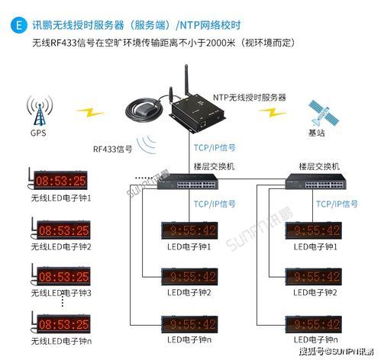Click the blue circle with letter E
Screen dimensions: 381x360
pos(19,25)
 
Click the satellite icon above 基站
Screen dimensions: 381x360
pos(324,114)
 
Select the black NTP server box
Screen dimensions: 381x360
pos(198,113)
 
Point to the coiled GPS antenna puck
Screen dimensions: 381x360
pos(144,111)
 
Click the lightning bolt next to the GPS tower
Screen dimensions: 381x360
pos(90,112)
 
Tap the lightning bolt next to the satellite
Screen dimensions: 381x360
pos(273,112)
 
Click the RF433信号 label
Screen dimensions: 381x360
pos(112,149)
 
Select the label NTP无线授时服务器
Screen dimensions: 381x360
pos(250,98)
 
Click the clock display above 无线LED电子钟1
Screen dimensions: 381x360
pos(60,180)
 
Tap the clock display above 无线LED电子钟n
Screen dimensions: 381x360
pos(63,323)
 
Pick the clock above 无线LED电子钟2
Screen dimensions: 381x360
pos(63,230)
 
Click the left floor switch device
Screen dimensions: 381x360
pos(188,182)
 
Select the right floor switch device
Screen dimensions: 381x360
pos(316,182)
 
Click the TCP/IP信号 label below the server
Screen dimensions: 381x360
pos(215,148)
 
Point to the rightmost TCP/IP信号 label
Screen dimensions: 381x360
pos(337,204)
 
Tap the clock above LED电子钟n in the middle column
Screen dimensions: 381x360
pos(189,324)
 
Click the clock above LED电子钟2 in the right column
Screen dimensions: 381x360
pos(313,277)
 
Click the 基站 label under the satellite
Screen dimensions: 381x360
pos(317,133)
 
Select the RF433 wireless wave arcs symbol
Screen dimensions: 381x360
pos(147,144)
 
